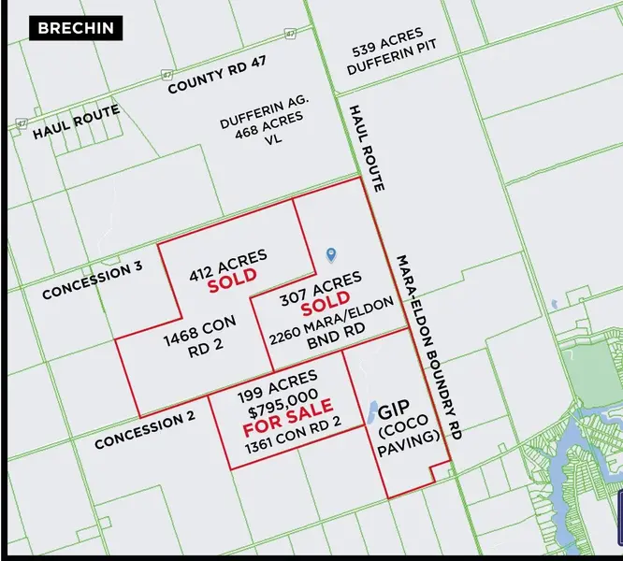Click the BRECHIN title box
[x=76, y=27]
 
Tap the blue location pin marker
[x=329, y=254]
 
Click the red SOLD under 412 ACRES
[x=231, y=281]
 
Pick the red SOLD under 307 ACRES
[x=325, y=306]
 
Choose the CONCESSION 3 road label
[x=93, y=281]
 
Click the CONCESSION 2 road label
[x=144, y=429]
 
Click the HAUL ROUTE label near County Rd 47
[x=76, y=122]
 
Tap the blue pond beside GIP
[x=372, y=411]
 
